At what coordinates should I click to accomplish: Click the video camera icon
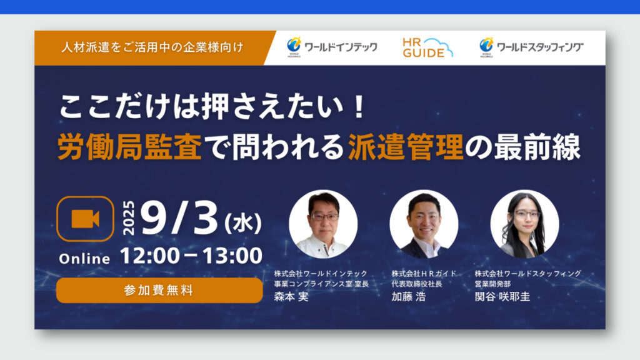pos(85,219)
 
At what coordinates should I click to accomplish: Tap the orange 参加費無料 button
pos(159,290)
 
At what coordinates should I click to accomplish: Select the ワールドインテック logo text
pos(341,47)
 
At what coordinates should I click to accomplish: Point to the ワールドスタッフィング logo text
pos(539,47)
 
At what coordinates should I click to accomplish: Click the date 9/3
pos(179,219)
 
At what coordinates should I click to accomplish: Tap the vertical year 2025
pos(129,218)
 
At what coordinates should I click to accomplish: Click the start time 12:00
pos(150,256)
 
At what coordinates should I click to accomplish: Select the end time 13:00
pos(232,256)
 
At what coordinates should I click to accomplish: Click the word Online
pos(84,259)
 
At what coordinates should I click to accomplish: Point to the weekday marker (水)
pos(243,223)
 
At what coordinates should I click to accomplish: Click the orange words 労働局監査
pos(129,147)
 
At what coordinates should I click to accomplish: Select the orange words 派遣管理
pos(406,147)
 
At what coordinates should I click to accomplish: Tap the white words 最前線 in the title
pos(537,147)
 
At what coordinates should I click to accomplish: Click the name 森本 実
pos(291,297)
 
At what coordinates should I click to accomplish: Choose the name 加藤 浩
pos(409,297)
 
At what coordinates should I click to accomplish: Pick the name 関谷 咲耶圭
pos(502,297)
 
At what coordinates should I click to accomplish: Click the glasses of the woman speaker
pos(527,214)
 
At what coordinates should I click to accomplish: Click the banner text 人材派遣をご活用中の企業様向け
pos(152,47)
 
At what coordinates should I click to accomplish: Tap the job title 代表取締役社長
pos(417,284)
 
